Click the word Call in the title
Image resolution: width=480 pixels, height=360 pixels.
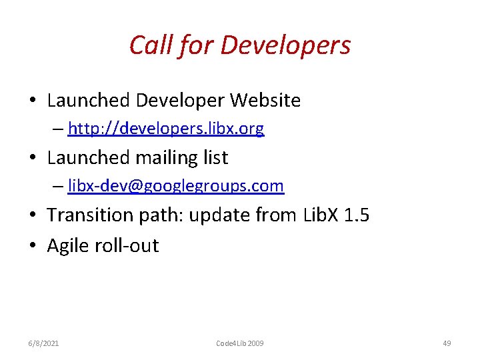click(148, 45)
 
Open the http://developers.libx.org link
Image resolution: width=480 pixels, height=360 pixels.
click(166, 129)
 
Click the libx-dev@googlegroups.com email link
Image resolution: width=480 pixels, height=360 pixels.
click(176, 186)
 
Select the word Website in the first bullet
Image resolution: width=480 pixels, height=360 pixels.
click(265, 101)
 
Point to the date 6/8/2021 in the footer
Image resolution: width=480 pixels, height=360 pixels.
click(43, 343)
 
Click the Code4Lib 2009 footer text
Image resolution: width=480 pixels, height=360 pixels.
click(240, 343)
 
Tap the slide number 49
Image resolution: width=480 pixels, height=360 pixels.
click(447, 343)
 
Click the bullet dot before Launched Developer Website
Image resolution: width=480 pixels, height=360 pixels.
click(33, 101)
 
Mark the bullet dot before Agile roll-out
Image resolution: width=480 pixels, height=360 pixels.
click(33, 246)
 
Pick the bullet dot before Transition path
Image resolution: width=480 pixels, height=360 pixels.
click(33, 215)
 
